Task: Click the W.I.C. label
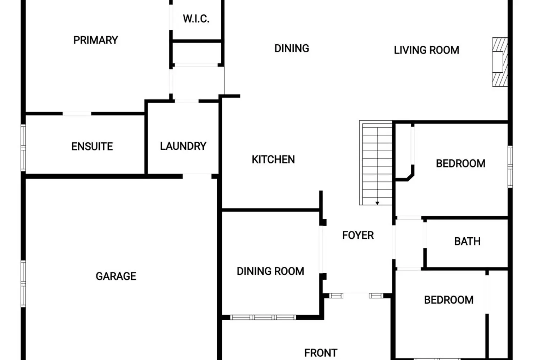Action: pyautogui.click(x=196, y=19)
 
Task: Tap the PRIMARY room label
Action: pyautogui.click(x=96, y=40)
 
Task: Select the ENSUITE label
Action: pyautogui.click(x=92, y=147)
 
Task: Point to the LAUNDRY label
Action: pyautogui.click(x=183, y=146)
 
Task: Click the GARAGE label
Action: pyautogui.click(x=116, y=276)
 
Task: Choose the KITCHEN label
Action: pyautogui.click(x=273, y=159)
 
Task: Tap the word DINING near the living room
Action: pyautogui.click(x=292, y=48)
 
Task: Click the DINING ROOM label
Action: pyautogui.click(x=270, y=271)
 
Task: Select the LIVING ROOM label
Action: pyautogui.click(x=427, y=50)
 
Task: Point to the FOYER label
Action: pyautogui.click(x=358, y=235)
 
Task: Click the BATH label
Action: pyautogui.click(x=467, y=241)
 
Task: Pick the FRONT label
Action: pyautogui.click(x=321, y=353)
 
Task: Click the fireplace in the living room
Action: pyautogui.click(x=500, y=62)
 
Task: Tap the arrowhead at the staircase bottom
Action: pyautogui.click(x=377, y=203)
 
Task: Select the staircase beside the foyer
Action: pyautogui.click(x=376, y=163)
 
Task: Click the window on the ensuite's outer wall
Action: pyautogui.click(x=23, y=148)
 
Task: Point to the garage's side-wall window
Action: pyautogui.click(x=23, y=284)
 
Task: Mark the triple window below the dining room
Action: pyautogui.click(x=263, y=317)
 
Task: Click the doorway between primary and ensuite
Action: pyautogui.click(x=77, y=113)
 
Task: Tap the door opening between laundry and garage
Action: pyautogui.click(x=197, y=176)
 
